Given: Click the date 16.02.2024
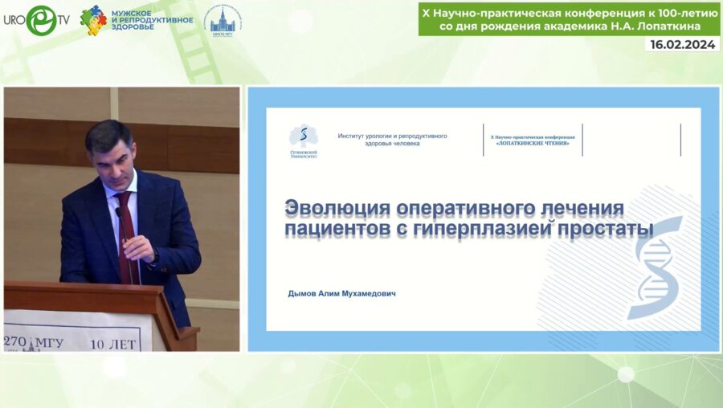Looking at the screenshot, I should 682,45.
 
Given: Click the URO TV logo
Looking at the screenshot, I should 35,19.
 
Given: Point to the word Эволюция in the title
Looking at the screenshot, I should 338,209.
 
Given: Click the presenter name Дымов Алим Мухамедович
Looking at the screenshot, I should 341,294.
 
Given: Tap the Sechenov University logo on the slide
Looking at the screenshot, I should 303,141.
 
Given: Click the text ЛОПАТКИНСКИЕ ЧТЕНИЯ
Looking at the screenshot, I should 533,143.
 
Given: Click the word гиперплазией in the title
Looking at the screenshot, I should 480,230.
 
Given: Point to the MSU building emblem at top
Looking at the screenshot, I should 223,21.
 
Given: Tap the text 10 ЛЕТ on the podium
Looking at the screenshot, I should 113,343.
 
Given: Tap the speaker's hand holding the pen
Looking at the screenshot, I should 137,247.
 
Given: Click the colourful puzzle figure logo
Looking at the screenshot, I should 93,19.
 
